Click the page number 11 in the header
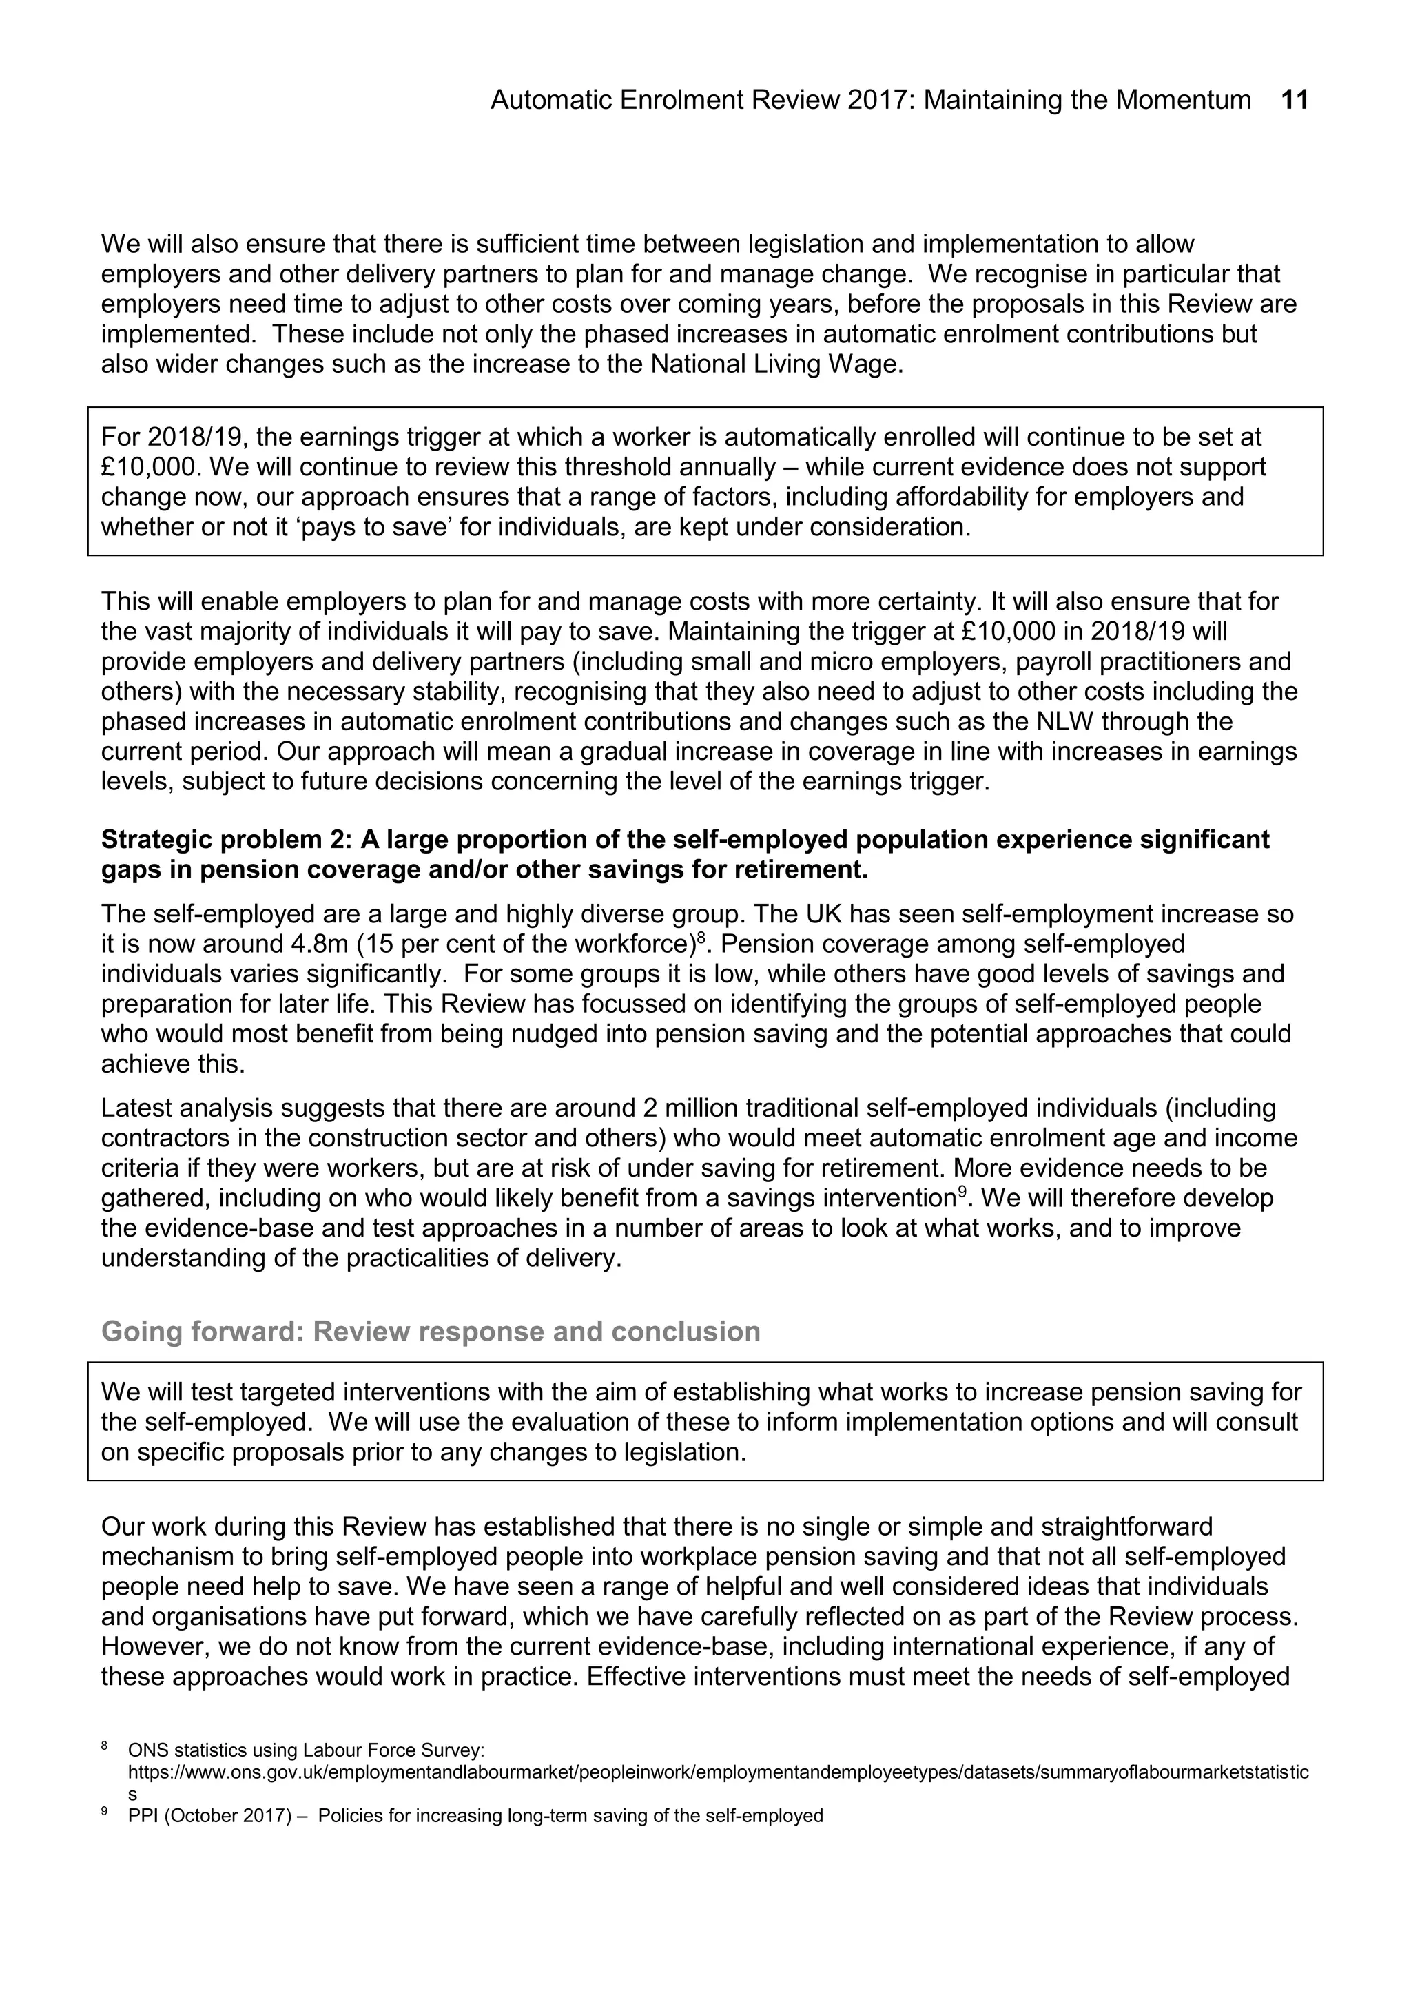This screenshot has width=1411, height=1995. click(x=1295, y=101)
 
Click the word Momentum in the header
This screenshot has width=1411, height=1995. click(x=1184, y=101)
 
